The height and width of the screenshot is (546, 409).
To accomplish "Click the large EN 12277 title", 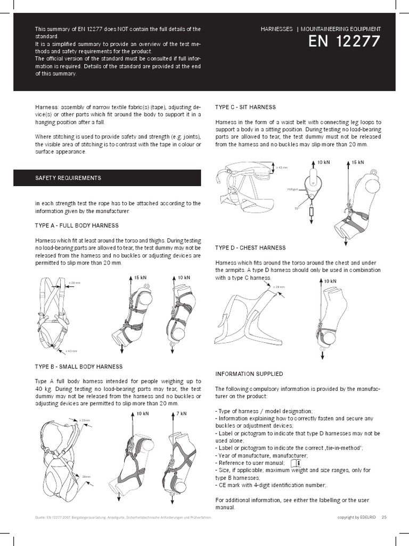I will click(x=345, y=42).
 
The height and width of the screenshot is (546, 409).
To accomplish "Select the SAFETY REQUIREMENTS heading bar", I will click(x=107, y=178).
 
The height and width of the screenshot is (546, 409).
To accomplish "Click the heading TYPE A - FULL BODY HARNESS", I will click(x=77, y=226).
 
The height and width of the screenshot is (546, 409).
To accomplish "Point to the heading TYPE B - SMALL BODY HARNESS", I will click(x=79, y=367).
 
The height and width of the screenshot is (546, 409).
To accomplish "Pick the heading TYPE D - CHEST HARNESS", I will click(x=250, y=248).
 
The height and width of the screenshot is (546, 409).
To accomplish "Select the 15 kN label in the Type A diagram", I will click(x=140, y=278).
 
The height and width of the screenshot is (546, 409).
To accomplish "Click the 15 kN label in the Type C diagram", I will click(x=357, y=162).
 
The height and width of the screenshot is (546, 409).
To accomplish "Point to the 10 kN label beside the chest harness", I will click(x=330, y=281).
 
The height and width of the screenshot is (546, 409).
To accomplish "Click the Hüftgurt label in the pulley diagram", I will click(x=292, y=188).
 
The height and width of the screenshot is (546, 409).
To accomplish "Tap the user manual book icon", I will click(x=296, y=463).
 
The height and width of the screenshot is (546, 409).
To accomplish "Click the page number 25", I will click(x=384, y=517).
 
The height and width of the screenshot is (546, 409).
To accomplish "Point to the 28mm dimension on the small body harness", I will click(x=86, y=476).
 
